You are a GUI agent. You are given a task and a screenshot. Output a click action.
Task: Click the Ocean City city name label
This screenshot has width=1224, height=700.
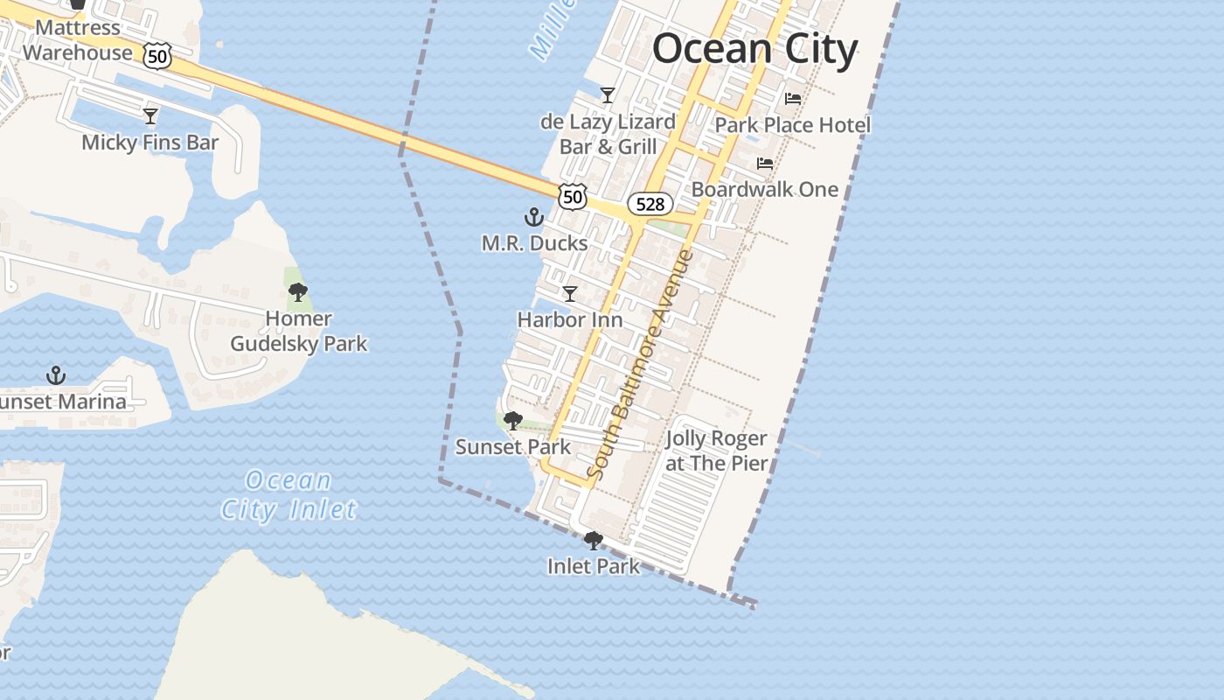755,48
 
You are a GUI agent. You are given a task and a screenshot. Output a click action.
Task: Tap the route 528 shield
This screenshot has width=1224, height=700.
650,205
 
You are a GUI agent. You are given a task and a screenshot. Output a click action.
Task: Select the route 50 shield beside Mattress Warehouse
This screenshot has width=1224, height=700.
157,57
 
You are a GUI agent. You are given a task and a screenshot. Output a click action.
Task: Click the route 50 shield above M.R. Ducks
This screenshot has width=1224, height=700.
573,197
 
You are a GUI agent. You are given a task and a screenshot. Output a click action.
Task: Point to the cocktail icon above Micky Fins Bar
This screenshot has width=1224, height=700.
150,115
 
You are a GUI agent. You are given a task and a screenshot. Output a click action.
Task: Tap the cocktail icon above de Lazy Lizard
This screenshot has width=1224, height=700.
608,94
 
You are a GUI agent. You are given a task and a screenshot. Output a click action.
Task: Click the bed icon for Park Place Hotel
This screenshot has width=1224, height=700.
793,99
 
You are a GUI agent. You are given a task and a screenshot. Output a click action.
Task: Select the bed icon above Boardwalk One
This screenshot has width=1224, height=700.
765,164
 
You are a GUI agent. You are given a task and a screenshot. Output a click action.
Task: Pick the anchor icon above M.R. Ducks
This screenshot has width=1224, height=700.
534,217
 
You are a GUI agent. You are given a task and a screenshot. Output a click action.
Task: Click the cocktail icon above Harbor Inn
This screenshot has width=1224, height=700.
570,294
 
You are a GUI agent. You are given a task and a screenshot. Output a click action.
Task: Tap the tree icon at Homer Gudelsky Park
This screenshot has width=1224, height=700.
298,292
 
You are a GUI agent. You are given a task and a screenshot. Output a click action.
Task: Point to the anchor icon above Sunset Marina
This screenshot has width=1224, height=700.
56,375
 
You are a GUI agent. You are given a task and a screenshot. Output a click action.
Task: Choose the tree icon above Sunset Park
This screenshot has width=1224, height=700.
513,421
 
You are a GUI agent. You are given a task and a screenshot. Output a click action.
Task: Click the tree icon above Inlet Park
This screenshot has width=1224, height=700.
594,541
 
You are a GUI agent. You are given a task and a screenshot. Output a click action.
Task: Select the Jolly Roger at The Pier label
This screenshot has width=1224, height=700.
716,451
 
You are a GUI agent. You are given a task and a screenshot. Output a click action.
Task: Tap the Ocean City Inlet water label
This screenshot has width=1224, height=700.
289,495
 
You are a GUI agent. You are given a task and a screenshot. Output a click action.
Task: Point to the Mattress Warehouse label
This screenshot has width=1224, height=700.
77,40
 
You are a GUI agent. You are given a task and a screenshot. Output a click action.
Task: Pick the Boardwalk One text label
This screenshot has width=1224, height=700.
765,189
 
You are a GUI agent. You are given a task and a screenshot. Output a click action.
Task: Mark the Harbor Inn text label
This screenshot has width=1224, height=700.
570,320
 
